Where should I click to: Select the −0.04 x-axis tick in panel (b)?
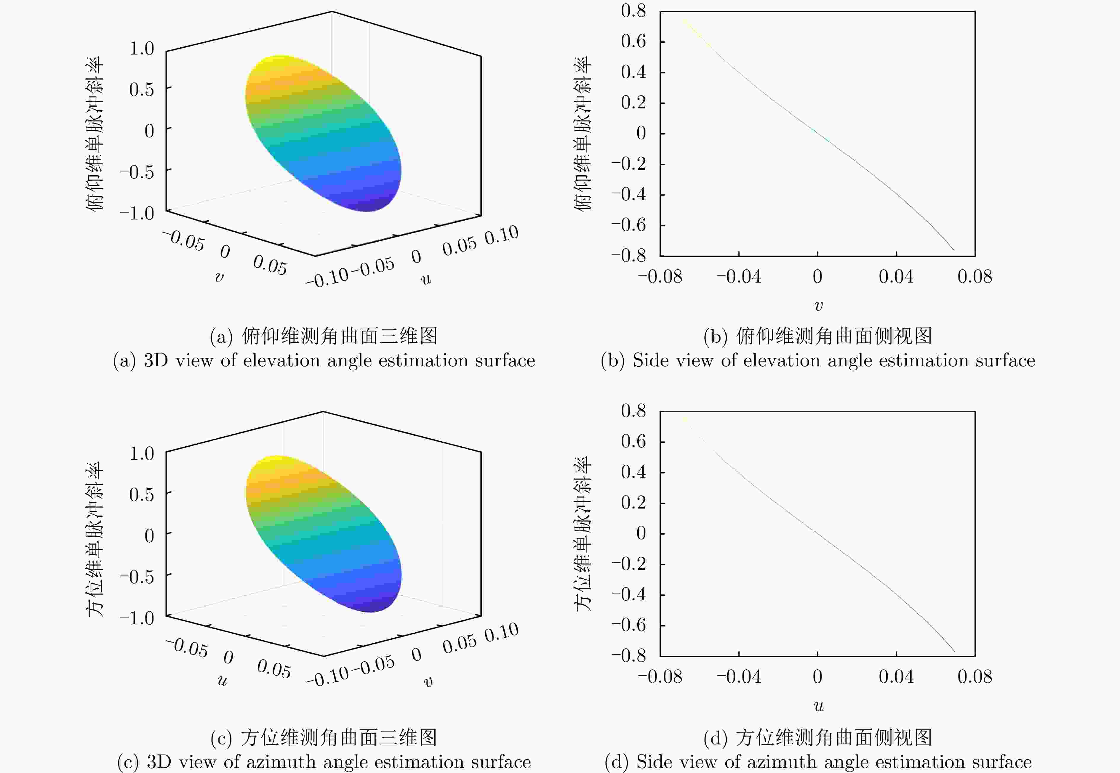pyautogui.click(x=739, y=277)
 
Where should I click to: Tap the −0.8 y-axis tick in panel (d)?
pyautogui.click(x=628, y=655)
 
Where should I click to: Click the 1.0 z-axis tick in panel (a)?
pyautogui.click(x=141, y=49)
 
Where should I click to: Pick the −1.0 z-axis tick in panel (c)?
pyautogui.click(x=137, y=618)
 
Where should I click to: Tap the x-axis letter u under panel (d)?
pyautogui.click(x=818, y=706)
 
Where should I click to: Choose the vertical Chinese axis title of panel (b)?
pyautogui.click(x=583, y=133)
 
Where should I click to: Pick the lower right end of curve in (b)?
pyautogui.click(x=954, y=250)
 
